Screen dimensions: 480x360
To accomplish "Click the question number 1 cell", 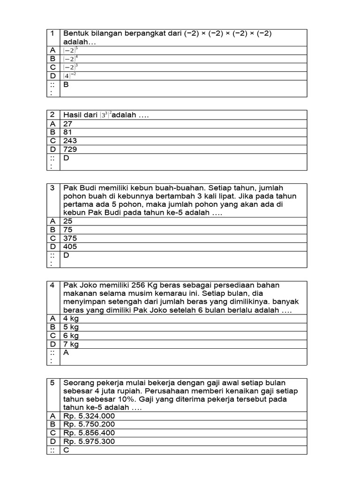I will tap(53, 33).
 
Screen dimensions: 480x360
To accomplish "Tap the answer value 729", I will tap(70, 149).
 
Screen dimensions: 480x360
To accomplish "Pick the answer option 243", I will tap(70, 141).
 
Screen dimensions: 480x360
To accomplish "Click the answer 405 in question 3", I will tap(70, 247).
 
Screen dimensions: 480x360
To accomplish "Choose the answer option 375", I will tap(70, 238).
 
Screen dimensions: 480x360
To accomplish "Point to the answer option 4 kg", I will tap(71, 319).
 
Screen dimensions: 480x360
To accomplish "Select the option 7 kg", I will tap(71, 344).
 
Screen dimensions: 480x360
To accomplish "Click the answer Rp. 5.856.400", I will tap(89, 433).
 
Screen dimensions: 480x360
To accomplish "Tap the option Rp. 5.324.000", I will tap(89, 416).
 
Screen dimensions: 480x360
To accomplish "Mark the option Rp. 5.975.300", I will tap(89, 441).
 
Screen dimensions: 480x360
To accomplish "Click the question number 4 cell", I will tap(53, 285).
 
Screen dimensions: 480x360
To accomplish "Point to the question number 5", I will tap(53, 382).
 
